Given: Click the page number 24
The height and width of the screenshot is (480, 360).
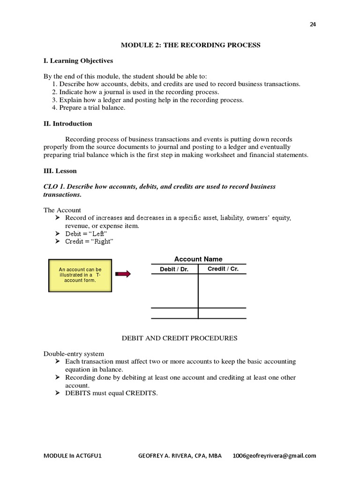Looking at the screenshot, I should (313, 25).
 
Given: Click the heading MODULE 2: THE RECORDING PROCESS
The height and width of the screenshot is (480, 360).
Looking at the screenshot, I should (191, 45).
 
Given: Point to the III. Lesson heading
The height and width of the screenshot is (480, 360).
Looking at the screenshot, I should (60, 171).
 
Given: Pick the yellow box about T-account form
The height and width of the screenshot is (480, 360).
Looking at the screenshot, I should (80, 275).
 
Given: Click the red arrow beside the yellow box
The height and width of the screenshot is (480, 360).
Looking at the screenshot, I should (123, 274).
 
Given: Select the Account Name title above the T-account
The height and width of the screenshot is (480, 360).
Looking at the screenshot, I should (198, 259).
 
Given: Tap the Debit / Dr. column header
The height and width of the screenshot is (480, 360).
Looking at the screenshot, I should (174, 270).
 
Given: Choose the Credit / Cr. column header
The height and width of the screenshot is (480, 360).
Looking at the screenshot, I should (223, 269).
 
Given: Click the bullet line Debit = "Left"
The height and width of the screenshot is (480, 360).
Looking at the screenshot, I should (86, 233).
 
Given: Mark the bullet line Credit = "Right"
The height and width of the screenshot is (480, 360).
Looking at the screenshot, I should (89, 241).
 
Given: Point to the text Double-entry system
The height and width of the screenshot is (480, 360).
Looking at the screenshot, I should (74, 353).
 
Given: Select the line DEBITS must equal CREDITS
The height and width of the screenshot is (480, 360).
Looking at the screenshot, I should (111, 393).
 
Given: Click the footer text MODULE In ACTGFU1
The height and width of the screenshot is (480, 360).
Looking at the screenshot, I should (72, 456).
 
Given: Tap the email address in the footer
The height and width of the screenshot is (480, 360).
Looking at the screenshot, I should (275, 456).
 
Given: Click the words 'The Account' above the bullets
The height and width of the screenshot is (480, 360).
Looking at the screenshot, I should (62, 210).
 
